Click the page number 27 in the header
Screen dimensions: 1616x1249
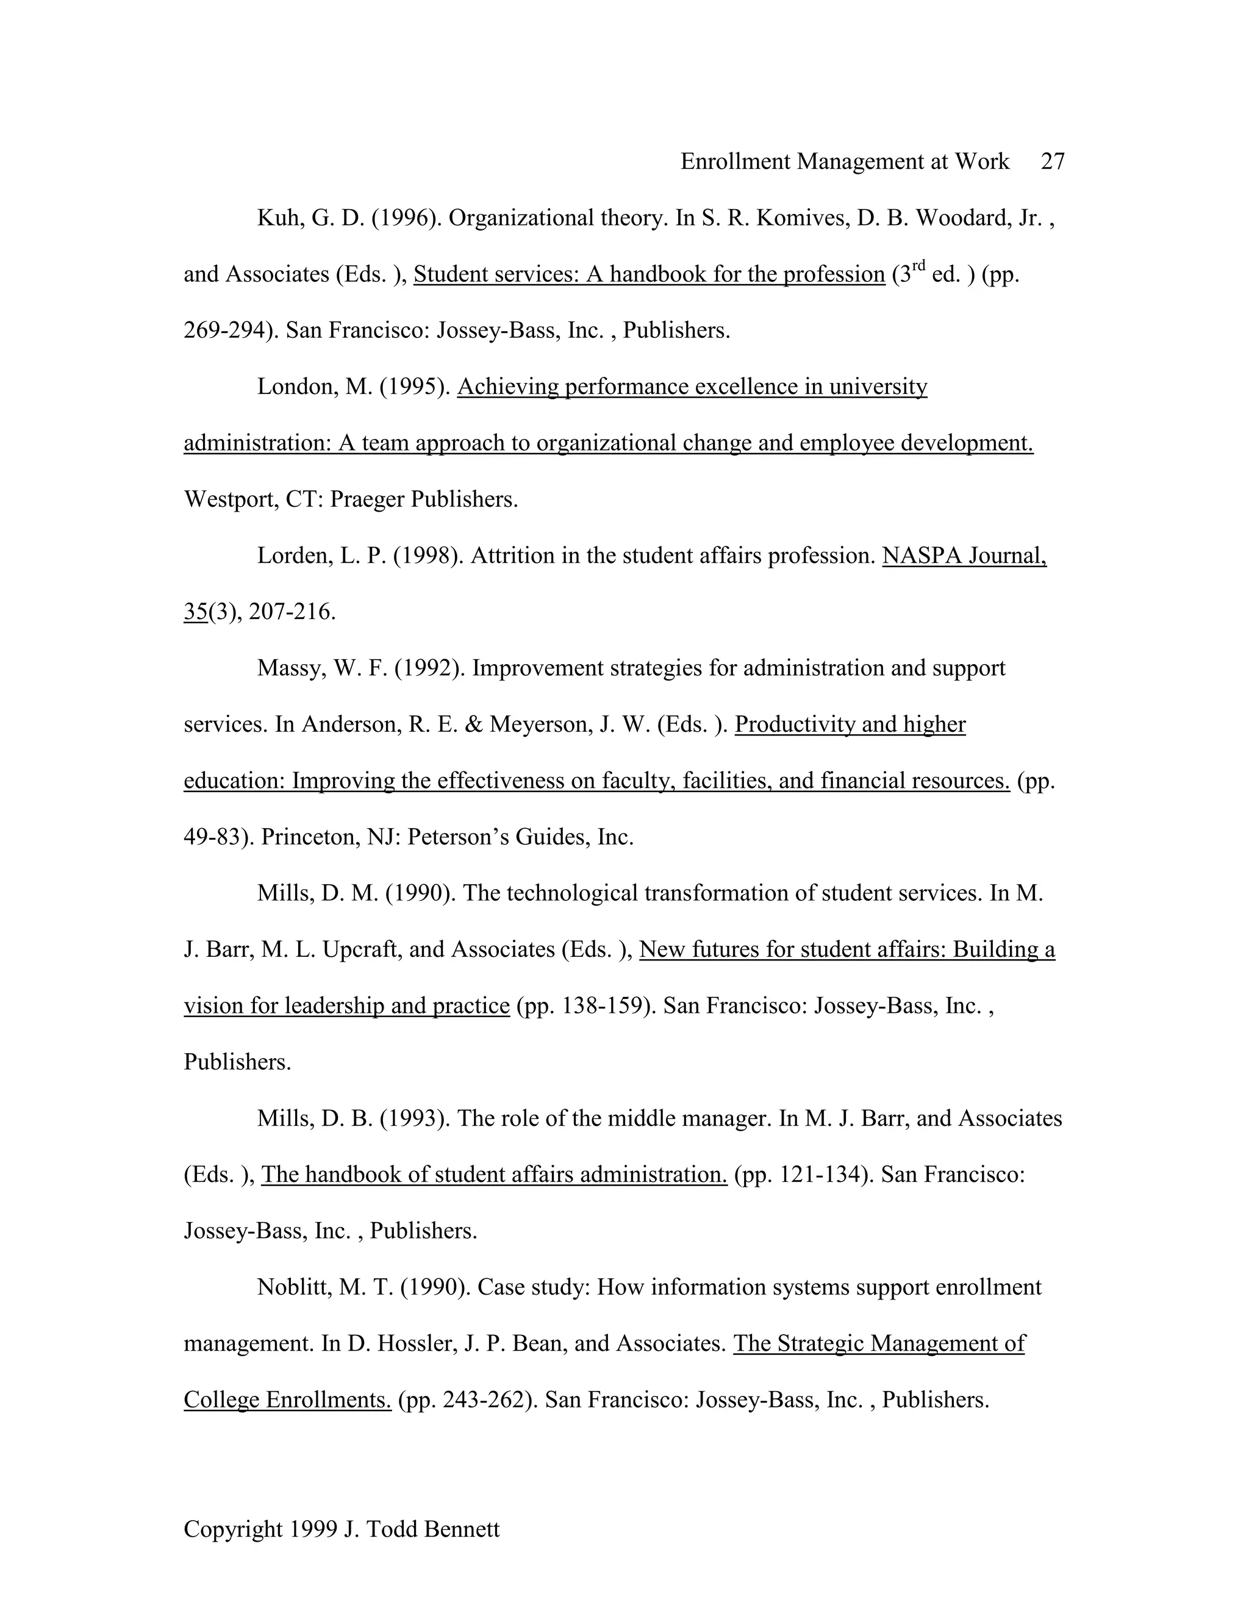[1052, 162]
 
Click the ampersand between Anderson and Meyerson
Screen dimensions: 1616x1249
[473, 724]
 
